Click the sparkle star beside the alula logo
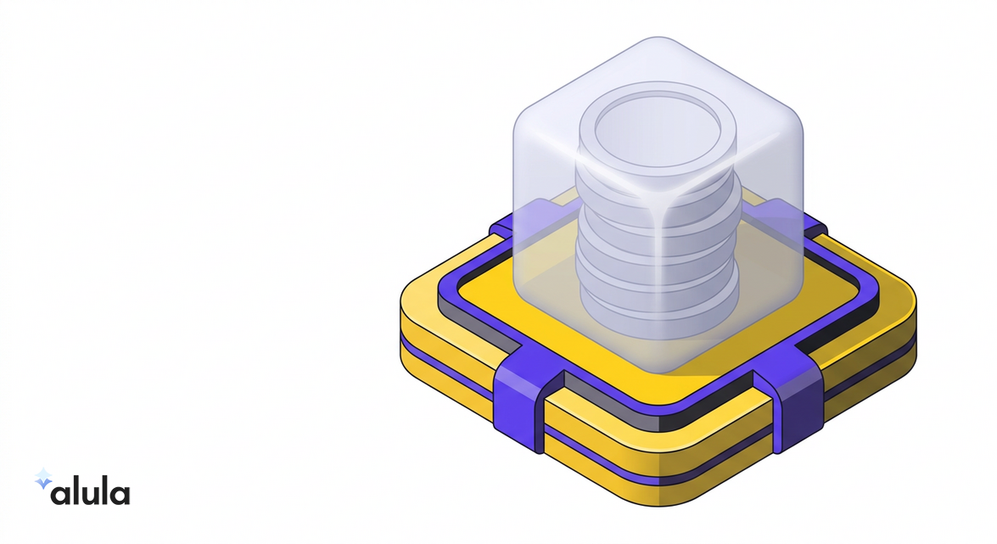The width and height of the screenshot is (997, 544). pyautogui.click(x=43, y=479)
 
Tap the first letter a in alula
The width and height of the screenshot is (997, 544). pyautogui.click(x=61, y=494)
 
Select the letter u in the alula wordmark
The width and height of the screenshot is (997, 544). pyautogui.click(x=90, y=495)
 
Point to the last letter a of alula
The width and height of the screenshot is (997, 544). pyautogui.click(x=120, y=494)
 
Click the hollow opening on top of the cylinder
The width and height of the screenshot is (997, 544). pyautogui.click(x=658, y=133)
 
